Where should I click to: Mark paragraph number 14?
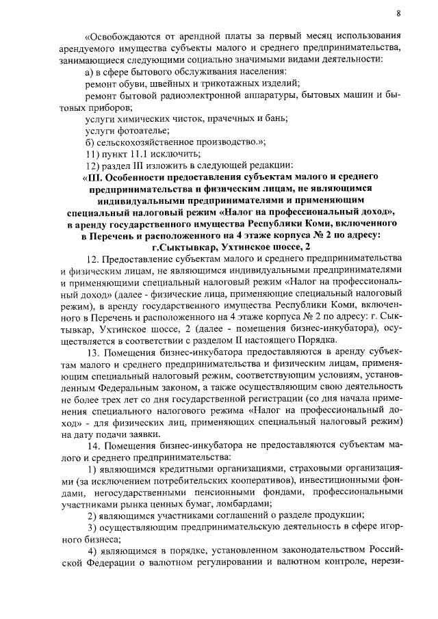click(x=95, y=446)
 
